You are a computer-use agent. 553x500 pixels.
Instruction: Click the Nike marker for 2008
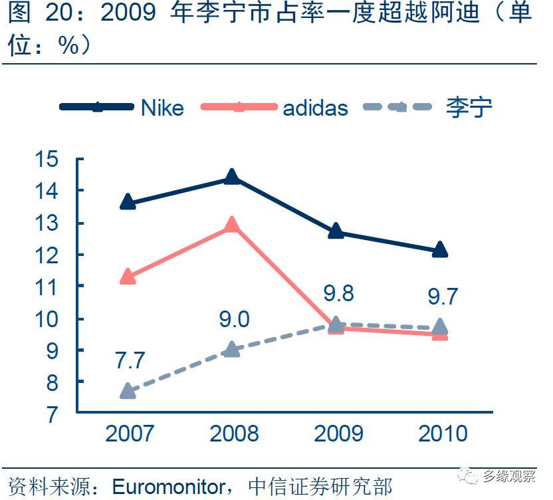point(231,177)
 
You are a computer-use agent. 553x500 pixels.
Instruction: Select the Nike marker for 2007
point(128,203)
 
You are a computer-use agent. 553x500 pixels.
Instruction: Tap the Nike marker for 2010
point(439,250)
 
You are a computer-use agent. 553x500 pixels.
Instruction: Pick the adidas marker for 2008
point(231,225)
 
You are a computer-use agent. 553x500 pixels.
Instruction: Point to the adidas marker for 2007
point(128,277)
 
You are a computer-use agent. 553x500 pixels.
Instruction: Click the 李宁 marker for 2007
point(128,391)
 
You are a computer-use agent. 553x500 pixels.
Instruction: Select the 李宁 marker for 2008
point(231,349)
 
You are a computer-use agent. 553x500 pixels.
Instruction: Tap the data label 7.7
point(130,360)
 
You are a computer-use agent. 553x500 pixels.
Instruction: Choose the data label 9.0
point(234,319)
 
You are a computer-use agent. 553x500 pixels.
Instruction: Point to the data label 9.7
point(443,296)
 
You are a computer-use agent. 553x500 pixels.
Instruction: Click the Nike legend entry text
point(162,108)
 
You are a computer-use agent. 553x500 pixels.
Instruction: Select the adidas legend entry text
point(315,108)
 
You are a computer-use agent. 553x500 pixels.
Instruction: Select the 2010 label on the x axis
point(443,434)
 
